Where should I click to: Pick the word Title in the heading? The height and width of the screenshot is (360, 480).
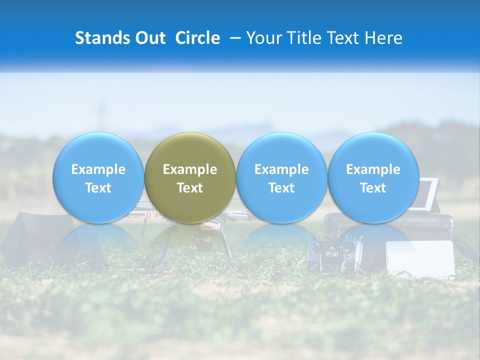[304, 38]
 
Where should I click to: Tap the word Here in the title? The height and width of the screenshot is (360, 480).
[384, 38]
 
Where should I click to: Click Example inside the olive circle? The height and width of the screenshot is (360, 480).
[190, 169]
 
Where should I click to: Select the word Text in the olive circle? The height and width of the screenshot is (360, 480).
[190, 188]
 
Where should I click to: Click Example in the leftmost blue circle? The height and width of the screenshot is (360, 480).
[98, 169]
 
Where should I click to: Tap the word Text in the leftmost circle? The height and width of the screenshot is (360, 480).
[98, 188]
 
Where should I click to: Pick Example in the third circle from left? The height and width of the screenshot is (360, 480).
[281, 169]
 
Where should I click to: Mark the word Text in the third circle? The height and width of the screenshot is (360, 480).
[281, 188]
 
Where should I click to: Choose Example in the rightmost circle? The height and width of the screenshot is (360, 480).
[373, 169]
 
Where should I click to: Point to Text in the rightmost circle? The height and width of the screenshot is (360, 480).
[373, 188]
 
